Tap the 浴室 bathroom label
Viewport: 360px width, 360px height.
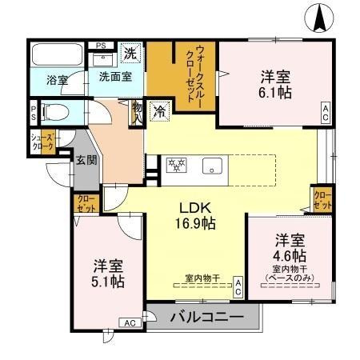[57, 80]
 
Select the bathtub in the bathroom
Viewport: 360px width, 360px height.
[56, 56]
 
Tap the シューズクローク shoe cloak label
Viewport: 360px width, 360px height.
[42, 142]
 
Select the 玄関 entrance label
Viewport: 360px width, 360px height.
[86, 158]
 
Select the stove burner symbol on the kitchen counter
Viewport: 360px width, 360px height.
[176, 166]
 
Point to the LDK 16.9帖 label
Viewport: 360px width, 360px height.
[194, 214]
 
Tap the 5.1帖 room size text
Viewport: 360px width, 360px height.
[106, 282]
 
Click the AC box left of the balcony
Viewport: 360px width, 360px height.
[129, 322]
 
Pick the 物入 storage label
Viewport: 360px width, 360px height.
[137, 111]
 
